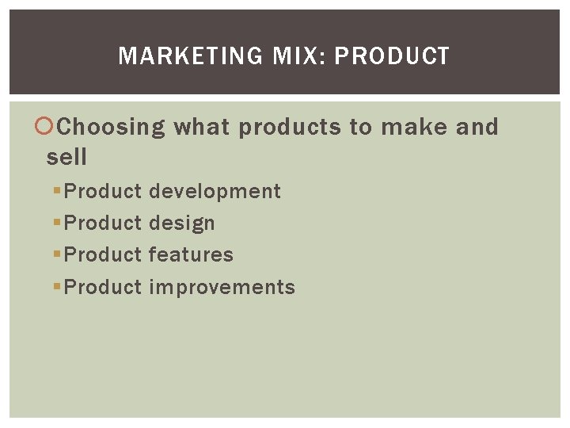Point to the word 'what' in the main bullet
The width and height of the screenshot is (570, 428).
[203, 127]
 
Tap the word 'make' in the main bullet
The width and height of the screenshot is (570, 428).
[420, 127]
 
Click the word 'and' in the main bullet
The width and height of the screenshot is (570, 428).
[477, 127]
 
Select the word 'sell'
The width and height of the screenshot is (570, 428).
[66, 157]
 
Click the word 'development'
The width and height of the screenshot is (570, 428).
[215, 192]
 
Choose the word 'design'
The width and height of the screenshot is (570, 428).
[181, 224]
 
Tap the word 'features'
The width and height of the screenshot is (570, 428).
[191, 255]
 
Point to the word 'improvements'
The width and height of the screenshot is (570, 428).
[222, 288]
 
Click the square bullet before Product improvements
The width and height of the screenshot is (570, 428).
[56, 287]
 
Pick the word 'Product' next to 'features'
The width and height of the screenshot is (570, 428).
[103, 255]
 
